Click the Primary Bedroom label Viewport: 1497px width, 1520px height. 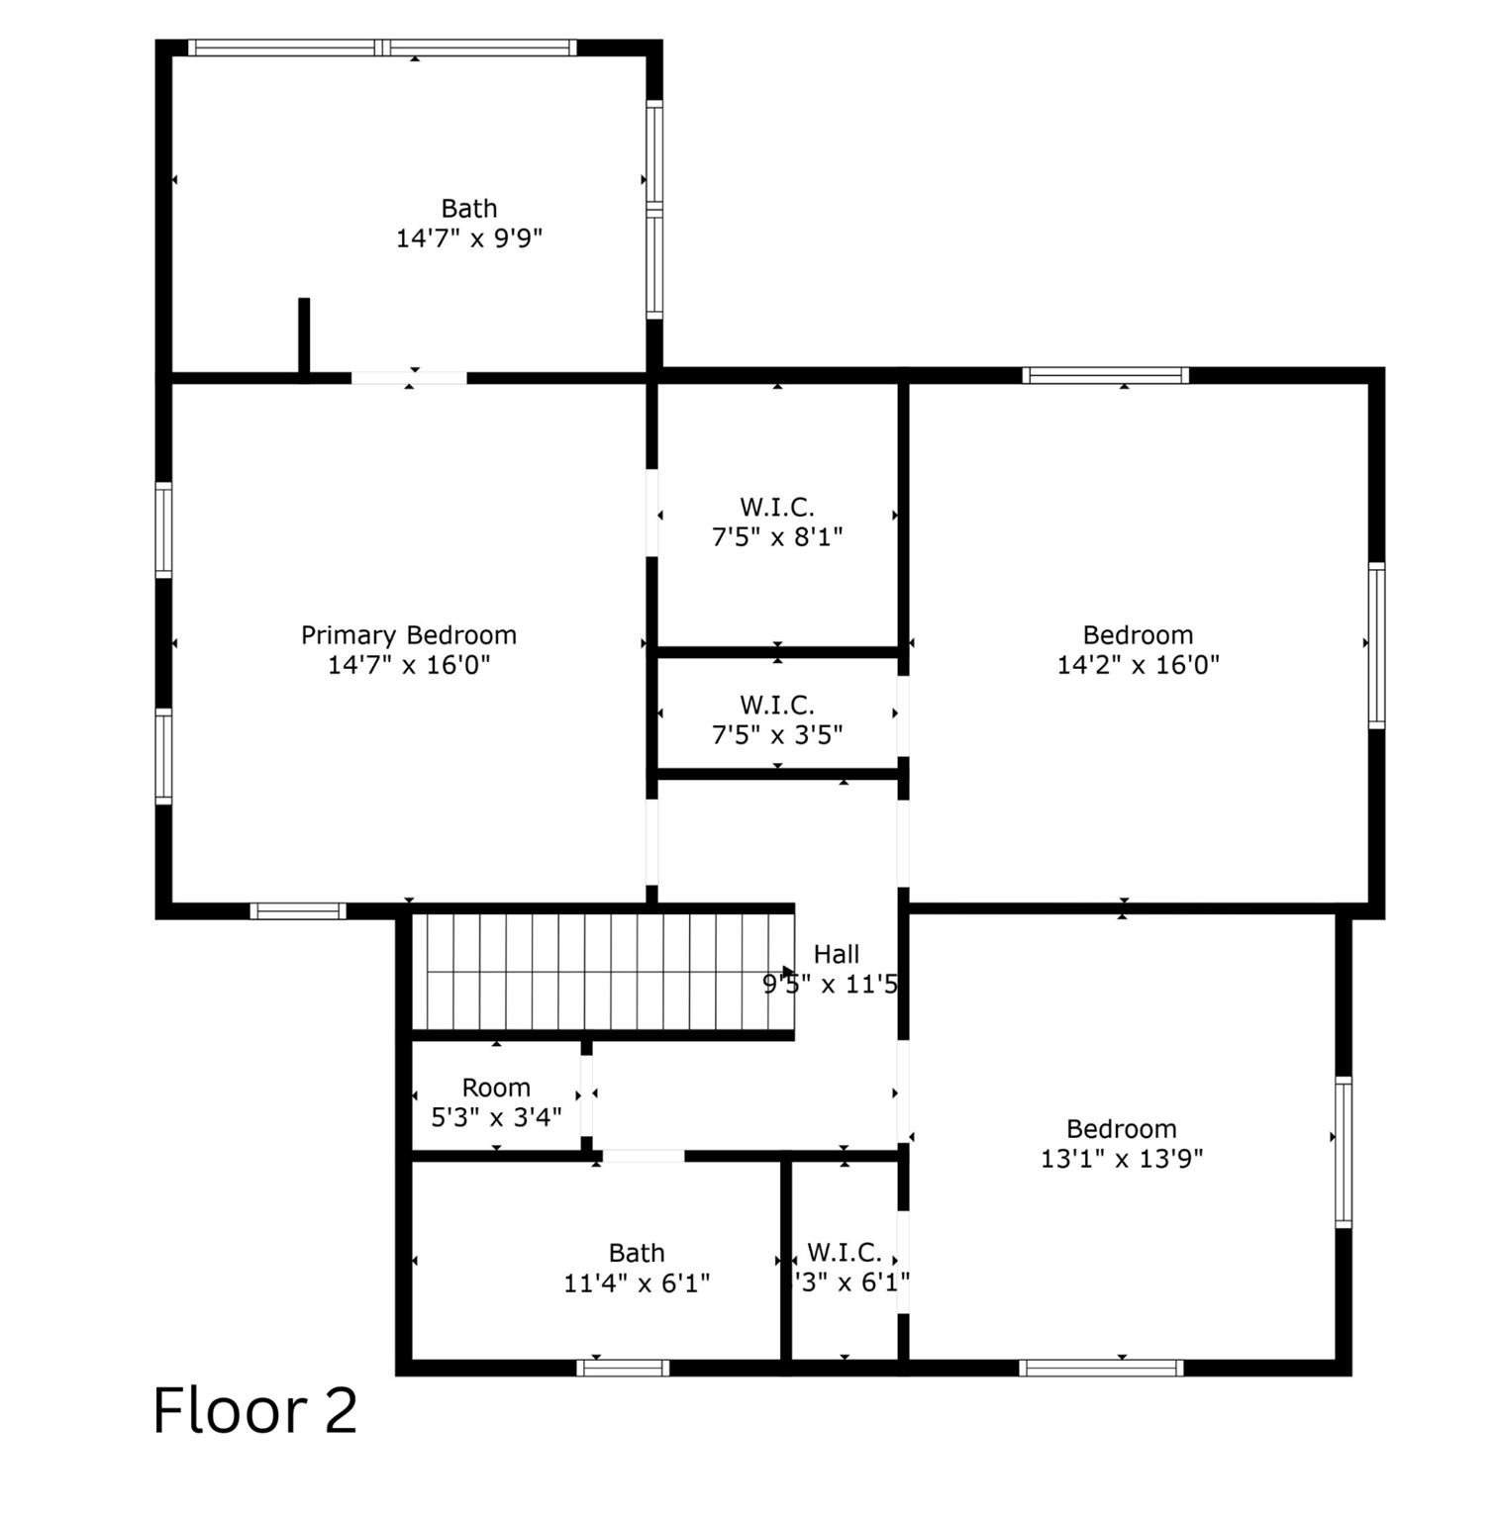pyautogui.click(x=408, y=635)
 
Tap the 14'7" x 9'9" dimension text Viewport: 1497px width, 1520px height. pyautogui.click(x=469, y=238)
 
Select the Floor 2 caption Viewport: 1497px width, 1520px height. pyautogui.click(x=254, y=1410)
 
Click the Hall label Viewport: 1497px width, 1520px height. pyautogui.click(x=836, y=955)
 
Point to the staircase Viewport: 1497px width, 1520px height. pyautogui.click(x=602, y=972)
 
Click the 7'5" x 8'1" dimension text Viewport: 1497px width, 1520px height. pyautogui.click(x=777, y=537)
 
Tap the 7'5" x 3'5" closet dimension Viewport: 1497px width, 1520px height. pyautogui.click(x=777, y=735)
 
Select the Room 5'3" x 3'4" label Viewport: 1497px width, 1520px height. pyautogui.click(x=496, y=1102)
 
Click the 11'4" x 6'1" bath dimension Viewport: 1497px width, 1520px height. pyautogui.click(x=637, y=1283)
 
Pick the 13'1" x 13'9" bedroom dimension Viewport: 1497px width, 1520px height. pyautogui.click(x=1122, y=1158)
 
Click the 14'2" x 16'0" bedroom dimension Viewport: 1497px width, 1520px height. pyautogui.click(x=1138, y=664)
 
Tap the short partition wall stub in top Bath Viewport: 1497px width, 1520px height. pyautogui.click(x=304, y=336)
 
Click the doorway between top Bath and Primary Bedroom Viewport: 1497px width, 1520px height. pyautogui.click(x=409, y=377)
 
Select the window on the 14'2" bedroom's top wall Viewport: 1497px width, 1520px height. pyautogui.click(x=1105, y=375)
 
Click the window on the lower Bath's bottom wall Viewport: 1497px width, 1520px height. pyautogui.click(x=623, y=1368)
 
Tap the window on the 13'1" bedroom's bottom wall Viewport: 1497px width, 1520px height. pyautogui.click(x=1101, y=1368)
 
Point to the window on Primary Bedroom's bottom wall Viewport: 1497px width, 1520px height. pyautogui.click(x=298, y=911)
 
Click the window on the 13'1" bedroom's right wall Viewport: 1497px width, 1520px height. pyautogui.click(x=1344, y=1152)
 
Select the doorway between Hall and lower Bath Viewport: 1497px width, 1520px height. pyautogui.click(x=644, y=1156)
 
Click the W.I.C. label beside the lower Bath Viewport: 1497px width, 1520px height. pyautogui.click(x=844, y=1253)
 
